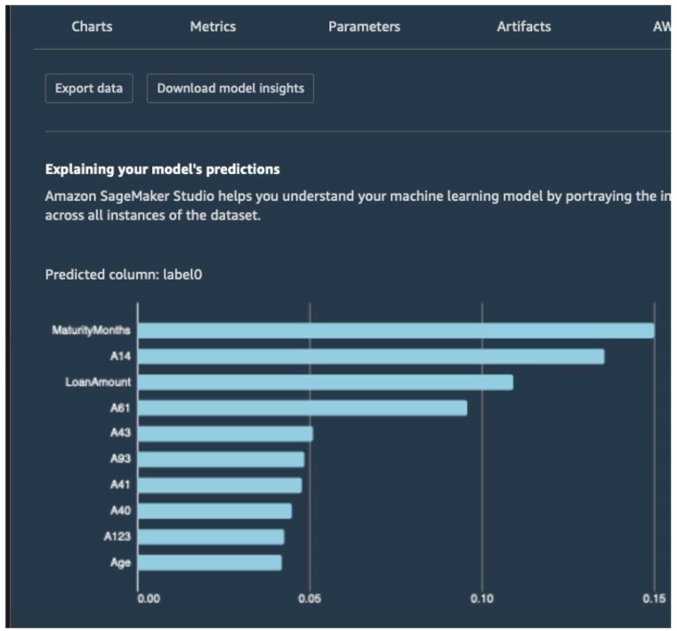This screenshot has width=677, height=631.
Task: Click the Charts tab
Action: pyautogui.click(x=92, y=27)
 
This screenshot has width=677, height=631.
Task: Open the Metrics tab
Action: pyautogui.click(x=213, y=27)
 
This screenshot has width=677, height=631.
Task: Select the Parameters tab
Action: pyautogui.click(x=364, y=27)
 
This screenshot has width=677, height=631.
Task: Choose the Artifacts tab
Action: pyautogui.click(x=524, y=27)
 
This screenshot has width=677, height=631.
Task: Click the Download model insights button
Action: pyautogui.click(x=230, y=88)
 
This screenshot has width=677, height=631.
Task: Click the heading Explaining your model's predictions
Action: pyautogui.click(x=162, y=170)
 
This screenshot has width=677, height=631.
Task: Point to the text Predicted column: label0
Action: pyautogui.click(x=124, y=275)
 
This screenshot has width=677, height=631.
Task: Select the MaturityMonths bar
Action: pyautogui.click(x=396, y=331)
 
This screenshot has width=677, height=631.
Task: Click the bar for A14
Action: pyautogui.click(x=371, y=356)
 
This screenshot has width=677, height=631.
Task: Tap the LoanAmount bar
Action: pyautogui.click(x=326, y=382)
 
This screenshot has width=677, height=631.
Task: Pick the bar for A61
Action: pyautogui.click(x=302, y=408)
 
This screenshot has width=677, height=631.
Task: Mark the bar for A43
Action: pyautogui.click(x=225, y=434)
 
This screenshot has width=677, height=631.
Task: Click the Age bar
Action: pyautogui.click(x=210, y=563)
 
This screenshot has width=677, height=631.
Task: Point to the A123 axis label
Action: pyautogui.click(x=117, y=537)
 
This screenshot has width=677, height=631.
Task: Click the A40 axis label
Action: pyautogui.click(x=120, y=511)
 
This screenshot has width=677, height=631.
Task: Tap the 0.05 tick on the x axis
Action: pyautogui.click(x=310, y=599)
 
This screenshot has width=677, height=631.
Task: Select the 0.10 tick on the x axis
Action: pyautogui.click(x=482, y=599)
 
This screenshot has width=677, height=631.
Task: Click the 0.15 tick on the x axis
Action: pyautogui.click(x=654, y=599)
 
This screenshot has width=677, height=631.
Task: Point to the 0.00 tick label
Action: pyautogui.click(x=149, y=599)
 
